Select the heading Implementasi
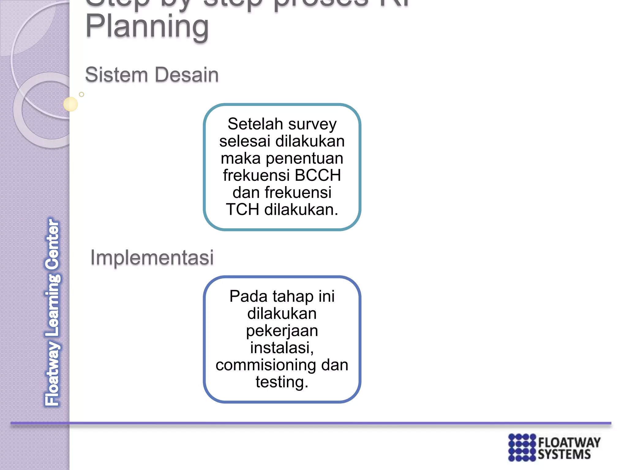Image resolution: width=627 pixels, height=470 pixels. [x=152, y=257]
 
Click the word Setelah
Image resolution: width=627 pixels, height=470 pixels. [x=255, y=124]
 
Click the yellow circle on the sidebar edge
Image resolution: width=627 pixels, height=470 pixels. [x=70, y=104]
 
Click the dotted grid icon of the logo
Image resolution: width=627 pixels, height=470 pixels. [x=522, y=447]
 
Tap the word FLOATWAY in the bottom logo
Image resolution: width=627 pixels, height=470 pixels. [x=569, y=442]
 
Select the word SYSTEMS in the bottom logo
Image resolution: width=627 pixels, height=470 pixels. [x=564, y=455]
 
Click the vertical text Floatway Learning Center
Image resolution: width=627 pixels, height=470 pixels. [x=53, y=312]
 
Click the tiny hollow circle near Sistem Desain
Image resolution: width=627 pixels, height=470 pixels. [x=81, y=95]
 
